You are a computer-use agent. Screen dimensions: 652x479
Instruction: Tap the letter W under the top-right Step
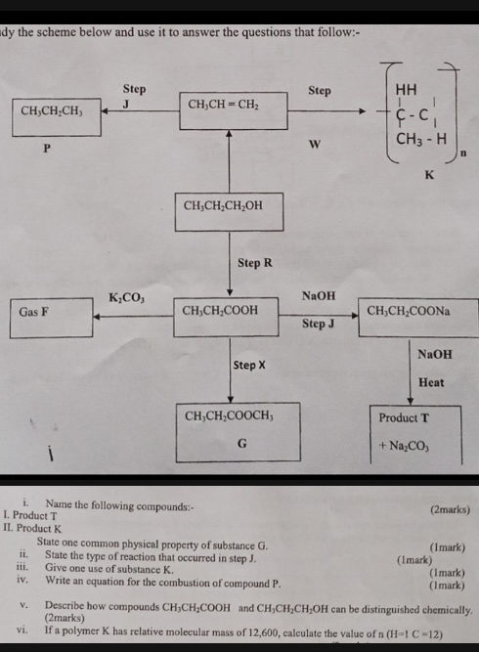point(315,145)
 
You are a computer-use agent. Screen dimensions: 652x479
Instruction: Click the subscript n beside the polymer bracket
point(463,153)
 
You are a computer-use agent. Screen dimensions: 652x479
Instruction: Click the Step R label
point(254,264)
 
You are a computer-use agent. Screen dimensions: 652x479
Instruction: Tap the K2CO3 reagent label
point(126,296)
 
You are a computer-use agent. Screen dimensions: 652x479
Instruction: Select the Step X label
point(250,365)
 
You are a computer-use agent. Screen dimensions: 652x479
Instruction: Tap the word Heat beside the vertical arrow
point(431,382)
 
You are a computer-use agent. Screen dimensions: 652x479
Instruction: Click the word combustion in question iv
point(167,583)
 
